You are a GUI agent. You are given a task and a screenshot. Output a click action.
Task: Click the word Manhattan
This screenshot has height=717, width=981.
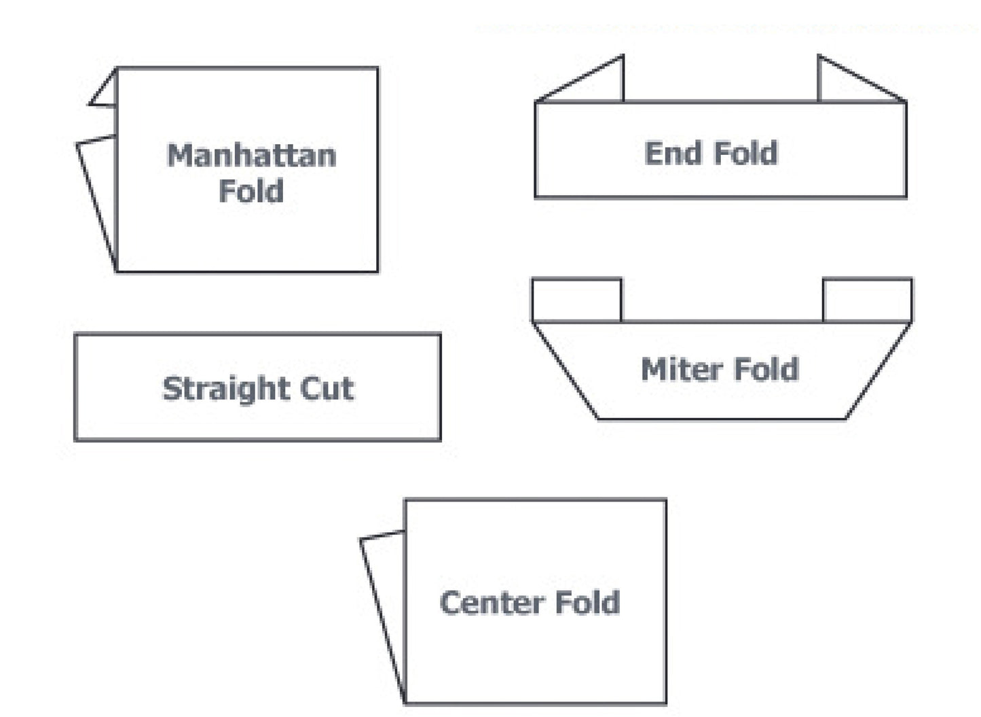click(x=251, y=156)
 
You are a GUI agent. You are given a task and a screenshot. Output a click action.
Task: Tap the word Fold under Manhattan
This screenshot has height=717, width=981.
click(x=251, y=191)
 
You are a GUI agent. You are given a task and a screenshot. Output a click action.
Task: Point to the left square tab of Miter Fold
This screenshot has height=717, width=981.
click(x=576, y=300)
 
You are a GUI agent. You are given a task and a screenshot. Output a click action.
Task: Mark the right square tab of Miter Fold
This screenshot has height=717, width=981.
click(x=867, y=300)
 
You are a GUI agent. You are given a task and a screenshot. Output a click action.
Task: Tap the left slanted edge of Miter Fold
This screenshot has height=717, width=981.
click(x=565, y=370)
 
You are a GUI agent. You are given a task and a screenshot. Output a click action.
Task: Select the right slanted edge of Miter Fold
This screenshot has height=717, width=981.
click(x=878, y=370)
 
